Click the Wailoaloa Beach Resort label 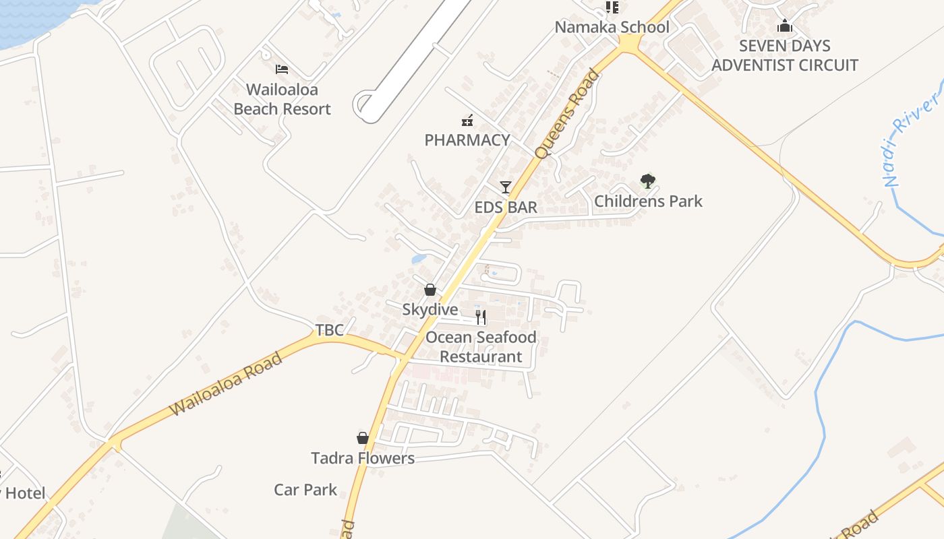click(x=282, y=99)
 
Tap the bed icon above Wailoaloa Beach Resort click(x=282, y=69)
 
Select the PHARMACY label click(x=467, y=140)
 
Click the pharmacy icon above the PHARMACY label click(x=467, y=121)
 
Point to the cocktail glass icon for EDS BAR click(x=506, y=187)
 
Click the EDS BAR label click(x=506, y=208)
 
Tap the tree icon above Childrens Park click(x=648, y=181)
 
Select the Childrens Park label click(x=648, y=201)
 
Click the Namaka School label click(x=612, y=28)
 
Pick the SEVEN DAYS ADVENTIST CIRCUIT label click(x=784, y=56)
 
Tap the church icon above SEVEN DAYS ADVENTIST click(x=784, y=26)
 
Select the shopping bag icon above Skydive click(x=430, y=290)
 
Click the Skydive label click(x=430, y=310)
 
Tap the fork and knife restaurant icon click(x=481, y=317)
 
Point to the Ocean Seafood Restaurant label click(x=481, y=347)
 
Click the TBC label click(x=330, y=330)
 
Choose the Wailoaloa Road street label click(x=225, y=385)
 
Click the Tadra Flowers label click(x=363, y=459)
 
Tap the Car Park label click(x=305, y=490)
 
